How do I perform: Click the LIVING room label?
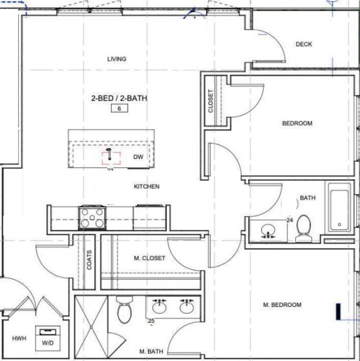coord(117,59)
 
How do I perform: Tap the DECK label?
coord(304,44)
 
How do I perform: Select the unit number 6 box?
coord(120,108)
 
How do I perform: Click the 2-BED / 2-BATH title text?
coord(119,98)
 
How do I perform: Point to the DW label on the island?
coord(138,157)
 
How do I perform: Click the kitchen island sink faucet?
coord(109,154)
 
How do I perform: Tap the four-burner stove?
coord(92,218)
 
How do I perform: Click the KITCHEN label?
coord(147,186)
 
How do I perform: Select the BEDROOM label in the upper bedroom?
coord(297,123)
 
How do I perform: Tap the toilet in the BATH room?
coord(304,229)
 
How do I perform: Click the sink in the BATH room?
coord(268,231)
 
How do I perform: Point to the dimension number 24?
coord(290,220)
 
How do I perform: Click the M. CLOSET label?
coord(149,258)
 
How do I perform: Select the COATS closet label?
coord(89,260)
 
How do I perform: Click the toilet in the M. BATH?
coord(125,309)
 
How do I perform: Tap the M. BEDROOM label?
coord(282,305)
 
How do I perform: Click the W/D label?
coord(48,343)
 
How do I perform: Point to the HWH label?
coord(19,338)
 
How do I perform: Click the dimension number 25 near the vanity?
coord(151,321)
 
